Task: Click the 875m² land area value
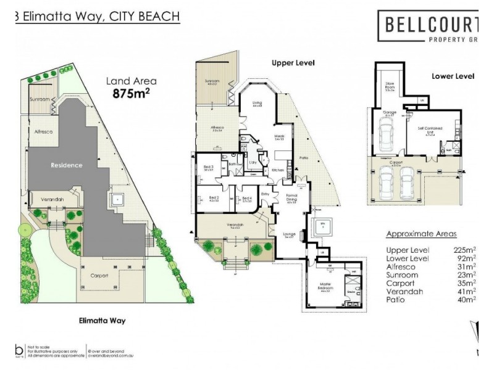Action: tap(132, 94)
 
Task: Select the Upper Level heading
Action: tap(293, 63)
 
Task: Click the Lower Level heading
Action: tap(453, 76)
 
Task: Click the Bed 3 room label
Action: tap(207, 167)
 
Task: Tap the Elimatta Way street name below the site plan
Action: tap(103, 321)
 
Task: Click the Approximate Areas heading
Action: tap(421, 234)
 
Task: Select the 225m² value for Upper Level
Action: tap(464, 250)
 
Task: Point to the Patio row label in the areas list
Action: tap(396, 300)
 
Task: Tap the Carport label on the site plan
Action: tap(99, 276)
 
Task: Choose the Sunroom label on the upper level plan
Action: tap(212, 82)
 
